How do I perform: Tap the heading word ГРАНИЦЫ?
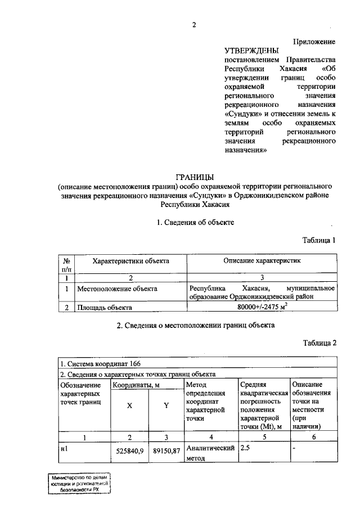195,176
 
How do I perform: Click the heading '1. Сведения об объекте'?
195,222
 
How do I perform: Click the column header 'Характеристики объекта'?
130,261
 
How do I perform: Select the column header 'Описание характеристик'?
262,261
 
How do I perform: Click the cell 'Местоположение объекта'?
117,289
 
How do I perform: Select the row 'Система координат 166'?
100,364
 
